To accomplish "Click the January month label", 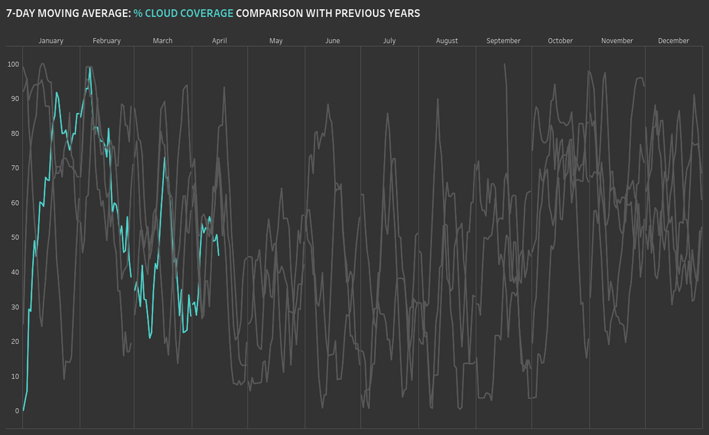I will tap(51, 41).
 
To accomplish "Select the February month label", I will tap(106, 41).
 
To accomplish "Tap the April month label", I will tap(219, 41).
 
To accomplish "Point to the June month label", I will tap(332, 41).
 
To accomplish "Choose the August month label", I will tap(446, 41).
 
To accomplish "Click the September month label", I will tap(503, 41).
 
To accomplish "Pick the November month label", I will tap(616, 41).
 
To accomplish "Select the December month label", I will tap(674, 41).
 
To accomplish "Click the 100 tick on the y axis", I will tap(12, 64).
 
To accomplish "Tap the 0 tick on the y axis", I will tap(17, 411).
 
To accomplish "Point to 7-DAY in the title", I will tap(20, 13).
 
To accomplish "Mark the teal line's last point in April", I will tap(219, 255).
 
